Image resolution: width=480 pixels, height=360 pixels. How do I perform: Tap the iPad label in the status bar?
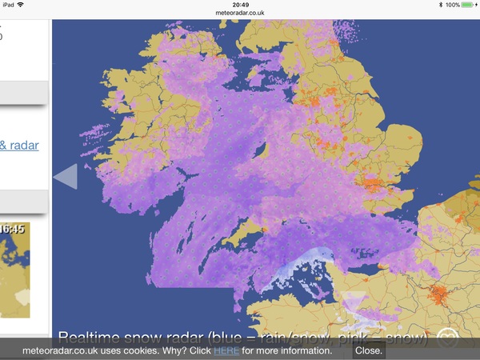coord(10,5)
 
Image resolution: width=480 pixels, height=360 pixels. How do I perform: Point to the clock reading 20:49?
coord(239,5)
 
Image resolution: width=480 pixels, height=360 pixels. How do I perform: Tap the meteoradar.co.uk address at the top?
coord(239,14)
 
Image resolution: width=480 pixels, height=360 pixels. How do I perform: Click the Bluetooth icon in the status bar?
coord(441,5)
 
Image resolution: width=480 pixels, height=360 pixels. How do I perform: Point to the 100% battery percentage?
coord(453,5)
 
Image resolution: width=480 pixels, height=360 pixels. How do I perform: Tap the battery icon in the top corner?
coord(470,5)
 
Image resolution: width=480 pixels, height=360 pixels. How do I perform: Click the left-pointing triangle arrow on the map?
coord(66,175)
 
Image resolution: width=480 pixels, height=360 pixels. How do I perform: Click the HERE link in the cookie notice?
coord(226,350)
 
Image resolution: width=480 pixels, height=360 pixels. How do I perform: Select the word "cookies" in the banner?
coord(150,350)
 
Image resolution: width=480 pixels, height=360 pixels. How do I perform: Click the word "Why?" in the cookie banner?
coord(182,350)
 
